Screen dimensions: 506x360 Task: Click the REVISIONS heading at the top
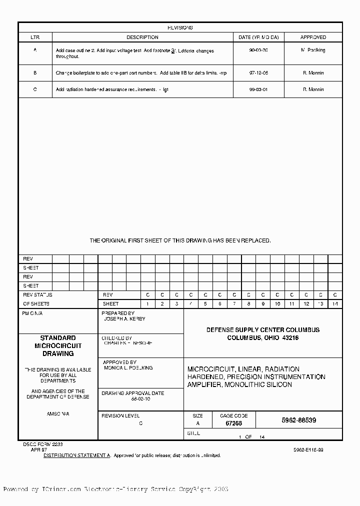point(180,28)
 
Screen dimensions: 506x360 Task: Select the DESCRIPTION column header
point(142,37)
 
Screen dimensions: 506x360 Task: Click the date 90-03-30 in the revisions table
point(258,50)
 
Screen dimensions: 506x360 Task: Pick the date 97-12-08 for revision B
point(258,73)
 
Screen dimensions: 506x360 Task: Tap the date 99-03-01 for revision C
point(258,89)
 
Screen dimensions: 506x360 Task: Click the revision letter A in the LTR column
point(35,50)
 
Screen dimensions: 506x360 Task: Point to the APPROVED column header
point(313,37)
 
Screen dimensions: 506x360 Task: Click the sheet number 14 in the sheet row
point(335,304)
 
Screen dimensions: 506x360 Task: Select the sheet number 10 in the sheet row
point(277,304)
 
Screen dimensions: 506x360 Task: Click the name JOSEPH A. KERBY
point(124,318)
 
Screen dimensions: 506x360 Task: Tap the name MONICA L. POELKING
point(128,367)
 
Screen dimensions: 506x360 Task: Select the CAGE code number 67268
point(233,423)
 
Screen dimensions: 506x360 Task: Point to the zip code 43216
point(290,338)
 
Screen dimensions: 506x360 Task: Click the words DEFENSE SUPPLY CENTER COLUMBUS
point(263,330)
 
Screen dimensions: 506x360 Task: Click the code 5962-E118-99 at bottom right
point(308,450)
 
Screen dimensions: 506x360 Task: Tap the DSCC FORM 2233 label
point(42,444)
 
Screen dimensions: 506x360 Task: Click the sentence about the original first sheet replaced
point(180,240)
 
